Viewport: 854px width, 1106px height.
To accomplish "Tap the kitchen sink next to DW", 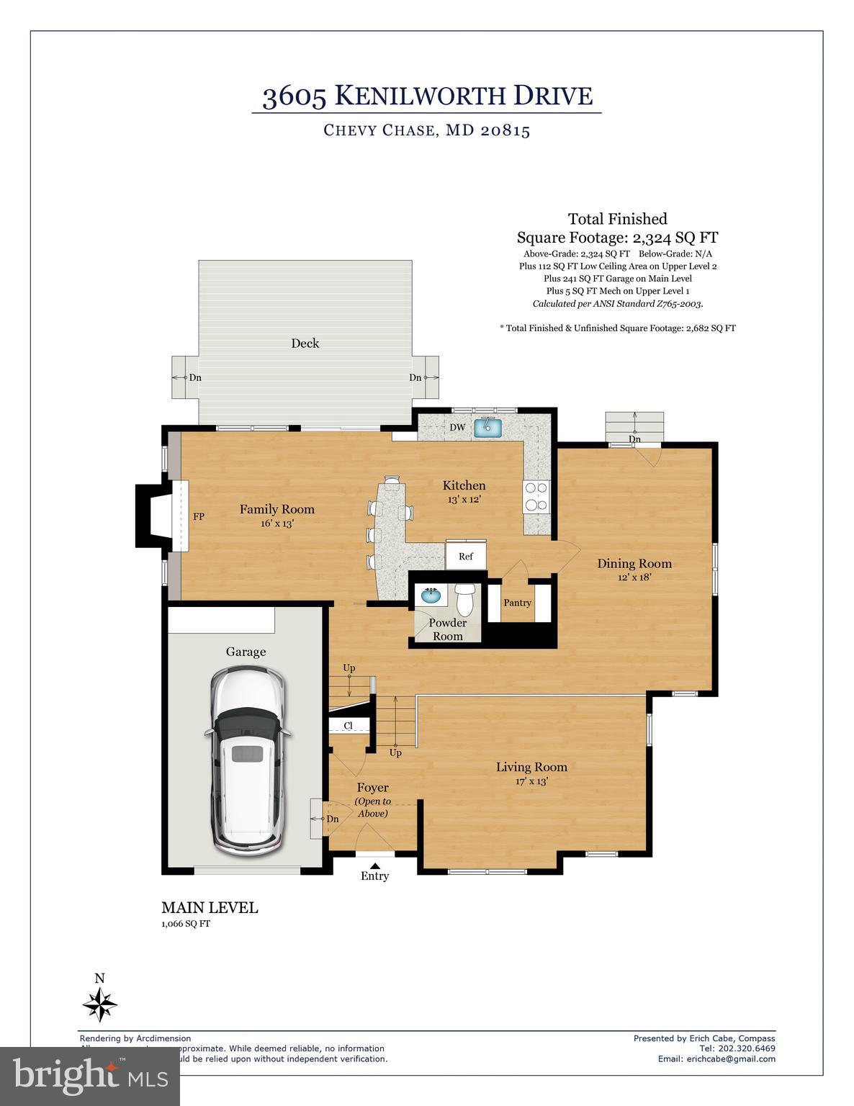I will click(x=487, y=427).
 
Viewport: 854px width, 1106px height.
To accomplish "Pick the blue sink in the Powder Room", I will click(x=431, y=596).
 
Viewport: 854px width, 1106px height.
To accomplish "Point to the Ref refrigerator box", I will click(x=465, y=556).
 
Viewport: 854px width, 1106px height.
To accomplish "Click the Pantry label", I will click(x=517, y=603).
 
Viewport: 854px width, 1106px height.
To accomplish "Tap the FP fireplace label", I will click(x=199, y=516).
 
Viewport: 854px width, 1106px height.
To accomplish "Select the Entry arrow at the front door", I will click(x=374, y=866).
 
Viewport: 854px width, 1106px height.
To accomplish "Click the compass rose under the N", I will click(x=100, y=1004).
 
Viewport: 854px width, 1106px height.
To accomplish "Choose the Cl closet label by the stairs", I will click(x=348, y=726).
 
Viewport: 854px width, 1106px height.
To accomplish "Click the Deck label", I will click(x=305, y=343).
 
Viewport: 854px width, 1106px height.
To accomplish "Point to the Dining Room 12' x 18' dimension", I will click(x=634, y=577).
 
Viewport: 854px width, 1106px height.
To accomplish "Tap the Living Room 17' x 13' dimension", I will click(x=531, y=781).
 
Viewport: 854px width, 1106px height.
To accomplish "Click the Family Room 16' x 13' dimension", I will click(x=277, y=523).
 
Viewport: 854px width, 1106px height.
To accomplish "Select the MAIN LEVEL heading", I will click(x=210, y=907).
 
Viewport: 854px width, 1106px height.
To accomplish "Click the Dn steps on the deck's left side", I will click(x=185, y=377).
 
